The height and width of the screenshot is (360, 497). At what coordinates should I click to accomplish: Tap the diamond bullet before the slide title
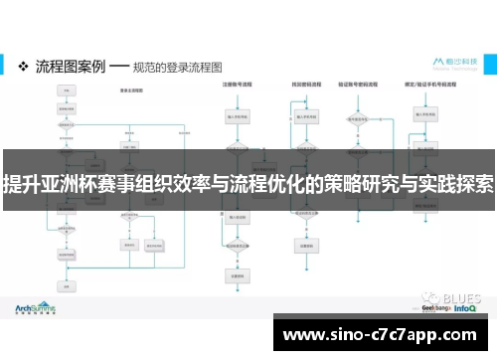click(x=24, y=66)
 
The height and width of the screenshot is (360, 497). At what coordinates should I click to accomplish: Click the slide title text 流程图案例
click(x=70, y=66)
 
